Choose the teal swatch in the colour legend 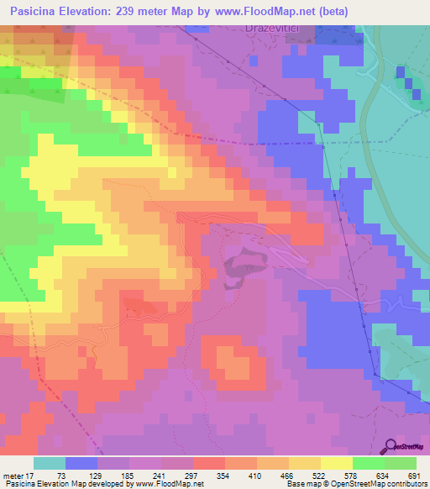pyautogui.click(x=50, y=463)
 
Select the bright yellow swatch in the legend pyautogui.click(x=337, y=463)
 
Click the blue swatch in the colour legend pyautogui.click(x=81, y=463)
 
